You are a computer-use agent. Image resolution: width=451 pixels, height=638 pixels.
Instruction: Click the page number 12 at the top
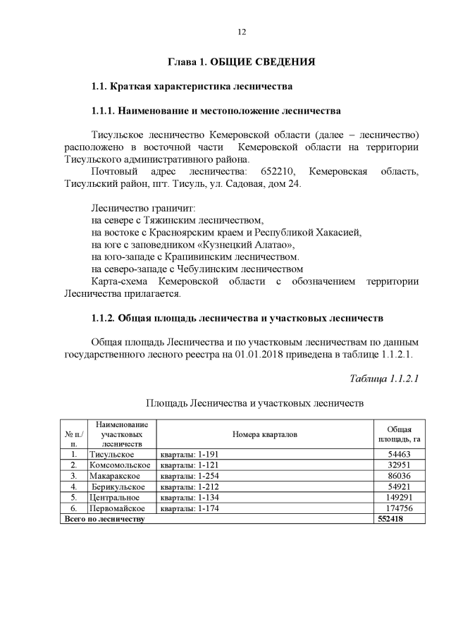241,32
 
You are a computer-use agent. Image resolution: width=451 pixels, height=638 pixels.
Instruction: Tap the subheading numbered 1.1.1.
216,111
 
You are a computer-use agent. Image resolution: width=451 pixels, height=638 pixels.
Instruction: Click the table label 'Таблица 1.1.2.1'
385,379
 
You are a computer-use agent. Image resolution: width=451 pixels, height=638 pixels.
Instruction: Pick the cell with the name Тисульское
111,455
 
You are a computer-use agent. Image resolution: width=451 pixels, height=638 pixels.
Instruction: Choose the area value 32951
399,465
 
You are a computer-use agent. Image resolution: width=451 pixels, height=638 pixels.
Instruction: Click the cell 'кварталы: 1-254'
187,476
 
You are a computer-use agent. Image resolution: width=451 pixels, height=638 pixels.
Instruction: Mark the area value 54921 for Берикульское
399,486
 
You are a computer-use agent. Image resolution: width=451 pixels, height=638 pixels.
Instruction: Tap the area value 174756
399,508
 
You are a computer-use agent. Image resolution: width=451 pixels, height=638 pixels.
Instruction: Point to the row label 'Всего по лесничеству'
104,518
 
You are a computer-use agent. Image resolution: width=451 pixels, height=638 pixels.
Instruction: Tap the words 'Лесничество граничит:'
142,208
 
